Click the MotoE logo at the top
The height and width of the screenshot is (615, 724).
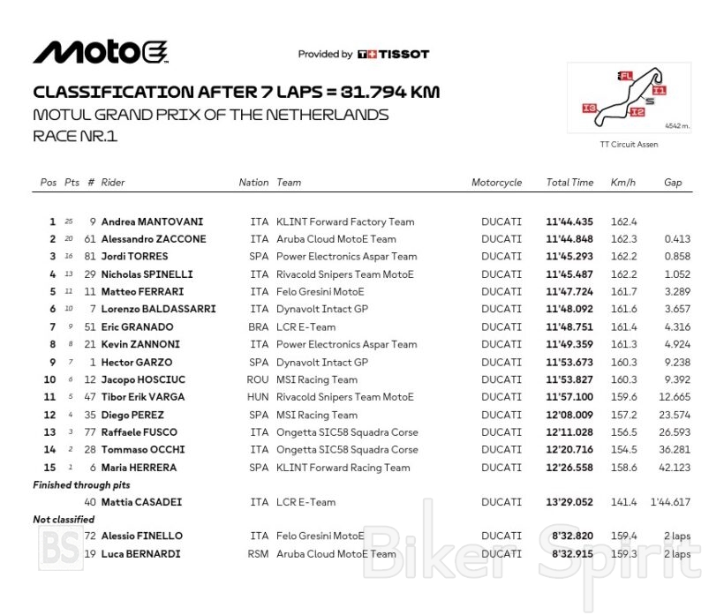tap(100, 52)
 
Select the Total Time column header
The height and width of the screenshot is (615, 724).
tap(569, 183)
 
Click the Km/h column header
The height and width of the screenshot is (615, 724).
tap(622, 183)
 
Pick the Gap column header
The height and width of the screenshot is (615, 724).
tap(673, 183)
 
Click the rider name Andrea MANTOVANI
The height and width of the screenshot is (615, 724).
tap(152, 222)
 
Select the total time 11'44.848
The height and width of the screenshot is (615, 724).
tap(569, 239)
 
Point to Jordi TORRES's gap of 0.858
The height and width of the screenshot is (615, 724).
tap(677, 257)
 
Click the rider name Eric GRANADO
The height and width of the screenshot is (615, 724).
tap(139, 327)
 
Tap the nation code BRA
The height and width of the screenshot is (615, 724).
tap(259, 327)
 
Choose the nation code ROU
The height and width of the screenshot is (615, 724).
tap(259, 380)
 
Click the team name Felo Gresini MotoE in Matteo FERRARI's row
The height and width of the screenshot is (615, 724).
tap(320, 292)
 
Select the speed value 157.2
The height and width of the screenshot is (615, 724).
tap(623, 415)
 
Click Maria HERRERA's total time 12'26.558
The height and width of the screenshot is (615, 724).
tap(569, 468)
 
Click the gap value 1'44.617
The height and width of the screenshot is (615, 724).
tap(671, 502)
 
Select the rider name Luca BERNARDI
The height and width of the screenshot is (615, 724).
tap(141, 554)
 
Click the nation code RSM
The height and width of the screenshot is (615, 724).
tap(259, 554)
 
